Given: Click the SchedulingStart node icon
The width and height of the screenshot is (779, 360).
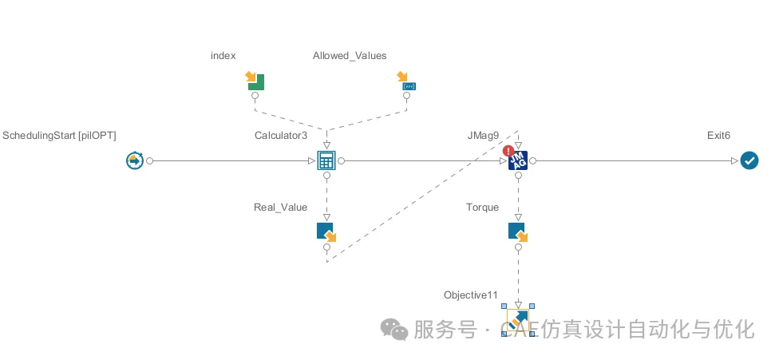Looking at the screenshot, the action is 135,161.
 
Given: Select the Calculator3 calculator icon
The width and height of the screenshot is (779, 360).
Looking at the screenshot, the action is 326,160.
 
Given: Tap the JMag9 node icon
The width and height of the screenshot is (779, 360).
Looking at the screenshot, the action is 518,161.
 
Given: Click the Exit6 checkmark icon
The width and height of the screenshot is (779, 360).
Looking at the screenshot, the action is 749,161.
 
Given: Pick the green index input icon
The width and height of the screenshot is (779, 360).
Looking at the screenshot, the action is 255,81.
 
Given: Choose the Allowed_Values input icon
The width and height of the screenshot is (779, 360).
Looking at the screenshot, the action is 406,81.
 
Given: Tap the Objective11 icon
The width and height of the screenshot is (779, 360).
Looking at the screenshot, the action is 518,319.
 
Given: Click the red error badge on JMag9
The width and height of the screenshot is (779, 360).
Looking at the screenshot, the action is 508,151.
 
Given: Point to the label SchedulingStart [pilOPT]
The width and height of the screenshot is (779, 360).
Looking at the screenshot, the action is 59,136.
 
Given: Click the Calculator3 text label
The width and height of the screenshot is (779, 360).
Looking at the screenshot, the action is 281,136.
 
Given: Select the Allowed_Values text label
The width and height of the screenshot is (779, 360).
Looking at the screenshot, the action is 350,56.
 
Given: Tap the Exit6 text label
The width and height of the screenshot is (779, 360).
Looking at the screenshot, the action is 719,136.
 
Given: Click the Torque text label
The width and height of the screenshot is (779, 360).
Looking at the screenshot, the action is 482,207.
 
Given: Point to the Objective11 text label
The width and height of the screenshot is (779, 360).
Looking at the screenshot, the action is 470,295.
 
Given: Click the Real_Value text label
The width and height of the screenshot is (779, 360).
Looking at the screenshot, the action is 281,208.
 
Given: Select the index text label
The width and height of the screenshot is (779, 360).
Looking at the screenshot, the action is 223,56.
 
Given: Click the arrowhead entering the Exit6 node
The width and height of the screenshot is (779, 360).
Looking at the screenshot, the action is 735,161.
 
